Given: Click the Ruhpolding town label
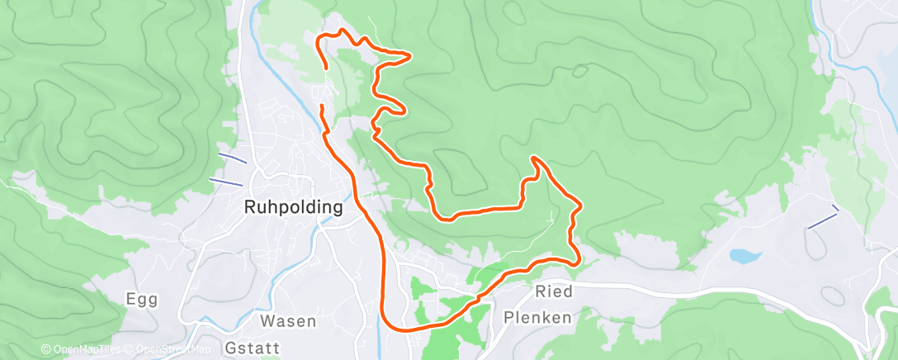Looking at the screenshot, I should tap(293, 208).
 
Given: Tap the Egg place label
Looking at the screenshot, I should tap(141, 299).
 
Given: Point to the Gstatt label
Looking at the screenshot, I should tap(252, 348).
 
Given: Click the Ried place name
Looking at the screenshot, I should tap(553, 291).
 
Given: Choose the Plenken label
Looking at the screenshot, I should tap(536, 317).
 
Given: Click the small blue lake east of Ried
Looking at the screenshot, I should tap(744, 257).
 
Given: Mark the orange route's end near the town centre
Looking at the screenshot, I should tap(322, 107).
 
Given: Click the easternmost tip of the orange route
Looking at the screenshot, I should tap(582, 205).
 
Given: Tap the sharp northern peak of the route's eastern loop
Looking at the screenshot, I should tap(535, 158).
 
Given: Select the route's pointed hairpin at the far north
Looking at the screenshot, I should tap(409, 56).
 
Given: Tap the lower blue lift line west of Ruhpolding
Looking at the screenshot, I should tap(224, 181).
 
